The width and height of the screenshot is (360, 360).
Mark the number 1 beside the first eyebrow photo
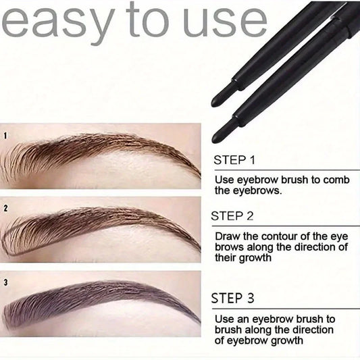coord(5,135)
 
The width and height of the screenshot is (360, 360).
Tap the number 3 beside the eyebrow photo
coord(5,282)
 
